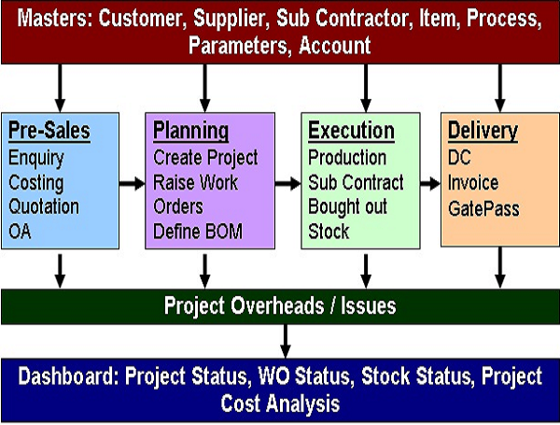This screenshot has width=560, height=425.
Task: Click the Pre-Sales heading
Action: (x=49, y=131)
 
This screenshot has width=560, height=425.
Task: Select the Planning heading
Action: (x=190, y=132)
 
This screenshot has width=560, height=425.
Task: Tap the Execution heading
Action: (x=352, y=131)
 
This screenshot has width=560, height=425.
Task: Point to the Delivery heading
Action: (x=483, y=132)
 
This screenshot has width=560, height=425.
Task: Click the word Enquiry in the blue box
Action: (x=36, y=159)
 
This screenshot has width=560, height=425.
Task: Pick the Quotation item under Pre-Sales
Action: (x=44, y=206)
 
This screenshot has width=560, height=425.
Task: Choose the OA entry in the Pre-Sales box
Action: (x=20, y=232)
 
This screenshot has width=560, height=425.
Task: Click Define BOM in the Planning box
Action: (x=198, y=232)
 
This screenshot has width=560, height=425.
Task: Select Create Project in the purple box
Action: (x=205, y=158)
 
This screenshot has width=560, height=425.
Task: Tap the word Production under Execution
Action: (x=347, y=158)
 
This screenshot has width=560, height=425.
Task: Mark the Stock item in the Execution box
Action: (x=329, y=232)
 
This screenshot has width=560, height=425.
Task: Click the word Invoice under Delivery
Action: (x=473, y=183)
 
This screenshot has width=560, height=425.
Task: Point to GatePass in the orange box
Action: (x=483, y=208)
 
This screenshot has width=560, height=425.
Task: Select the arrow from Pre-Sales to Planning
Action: (x=133, y=184)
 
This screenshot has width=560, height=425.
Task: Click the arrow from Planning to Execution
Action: (x=287, y=184)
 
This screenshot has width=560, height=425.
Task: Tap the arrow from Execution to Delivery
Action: (x=430, y=184)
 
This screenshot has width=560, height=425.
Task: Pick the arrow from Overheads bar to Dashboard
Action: (x=285, y=341)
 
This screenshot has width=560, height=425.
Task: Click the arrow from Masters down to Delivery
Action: (x=500, y=89)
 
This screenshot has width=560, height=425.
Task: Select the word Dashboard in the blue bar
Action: (x=68, y=376)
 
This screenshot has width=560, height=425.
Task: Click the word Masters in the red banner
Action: (x=55, y=19)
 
